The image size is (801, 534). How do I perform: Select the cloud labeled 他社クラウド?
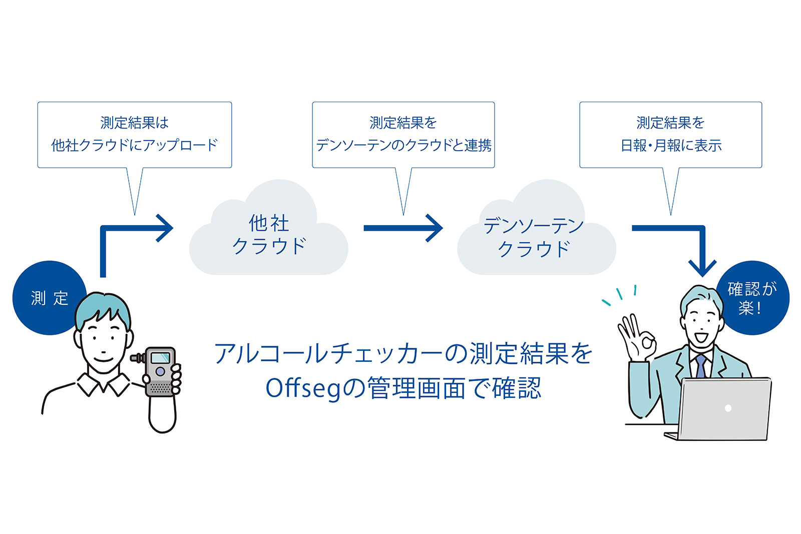tap(269, 235)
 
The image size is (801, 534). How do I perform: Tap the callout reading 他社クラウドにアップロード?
tap(134, 135)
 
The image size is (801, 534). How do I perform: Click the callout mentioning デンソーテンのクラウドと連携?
tap(403, 135)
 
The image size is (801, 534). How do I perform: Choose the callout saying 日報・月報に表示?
tap(670, 135)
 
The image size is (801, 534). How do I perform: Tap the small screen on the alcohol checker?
tap(160, 358)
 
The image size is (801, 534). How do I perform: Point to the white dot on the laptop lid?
tap(728, 408)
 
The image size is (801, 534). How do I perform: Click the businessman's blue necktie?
tap(700, 366)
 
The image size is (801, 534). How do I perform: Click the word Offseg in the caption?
tap(302, 388)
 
